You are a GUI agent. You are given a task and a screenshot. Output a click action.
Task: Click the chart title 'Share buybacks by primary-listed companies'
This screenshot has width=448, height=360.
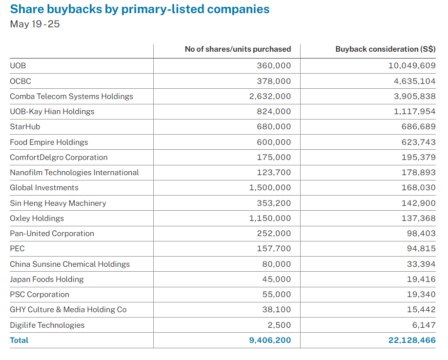tap(140, 9)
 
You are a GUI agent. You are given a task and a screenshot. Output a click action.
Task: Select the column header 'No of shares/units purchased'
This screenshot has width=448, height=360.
tap(238, 49)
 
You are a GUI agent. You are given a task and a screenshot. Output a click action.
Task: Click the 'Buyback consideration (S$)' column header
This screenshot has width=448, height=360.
tap(385, 49)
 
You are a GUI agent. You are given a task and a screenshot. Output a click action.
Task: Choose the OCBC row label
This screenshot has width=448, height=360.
tap(20, 81)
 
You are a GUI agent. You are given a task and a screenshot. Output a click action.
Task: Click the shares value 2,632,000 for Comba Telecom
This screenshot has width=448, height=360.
tap(270, 96)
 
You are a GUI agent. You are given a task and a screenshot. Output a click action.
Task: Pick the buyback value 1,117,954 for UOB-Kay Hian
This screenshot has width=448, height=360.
tap(414, 112)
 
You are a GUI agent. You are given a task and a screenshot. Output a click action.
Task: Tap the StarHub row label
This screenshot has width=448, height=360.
tap(25, 127)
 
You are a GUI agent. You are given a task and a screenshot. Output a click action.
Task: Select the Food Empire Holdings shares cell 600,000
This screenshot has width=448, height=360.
tap(274, 142)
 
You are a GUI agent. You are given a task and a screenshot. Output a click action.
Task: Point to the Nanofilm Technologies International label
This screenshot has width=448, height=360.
tap(74, 173)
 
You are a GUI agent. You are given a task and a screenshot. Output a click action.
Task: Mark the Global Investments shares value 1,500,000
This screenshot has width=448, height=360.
tap(270, 188)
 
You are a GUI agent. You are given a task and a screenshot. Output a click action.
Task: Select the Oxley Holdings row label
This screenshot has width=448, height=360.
tap(37, 219)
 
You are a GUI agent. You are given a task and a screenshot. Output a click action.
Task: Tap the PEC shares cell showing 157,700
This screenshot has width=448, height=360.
tap(274, 249)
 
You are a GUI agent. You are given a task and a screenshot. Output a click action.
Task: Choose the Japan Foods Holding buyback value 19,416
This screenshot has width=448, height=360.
tap(420, 280)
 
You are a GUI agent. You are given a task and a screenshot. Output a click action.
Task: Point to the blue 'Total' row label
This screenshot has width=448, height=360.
tap(19, 340)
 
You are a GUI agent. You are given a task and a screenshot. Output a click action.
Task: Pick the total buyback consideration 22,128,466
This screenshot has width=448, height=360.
tap(412, 340)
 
